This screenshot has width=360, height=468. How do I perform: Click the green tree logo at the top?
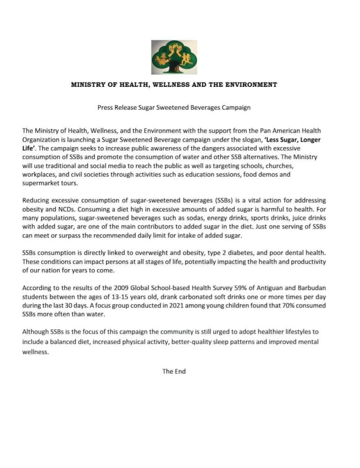pos(174,57)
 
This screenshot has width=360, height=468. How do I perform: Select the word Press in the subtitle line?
pos(106,108)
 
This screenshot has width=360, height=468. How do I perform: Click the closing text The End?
pos(174,372)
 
